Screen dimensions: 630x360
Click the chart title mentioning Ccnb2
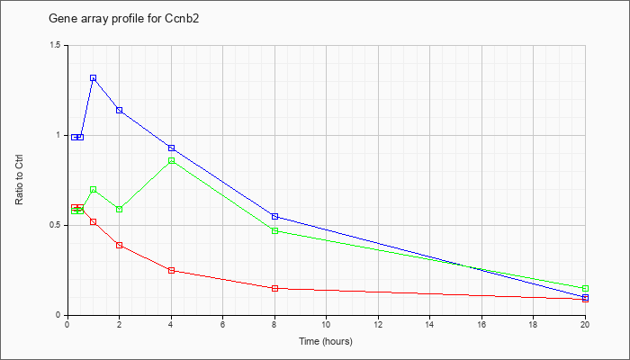coord(124,19)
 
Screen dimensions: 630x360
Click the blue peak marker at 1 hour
coord(94,78)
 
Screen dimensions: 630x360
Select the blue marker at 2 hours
coord(120,110)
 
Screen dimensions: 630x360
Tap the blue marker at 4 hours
coord(172,148)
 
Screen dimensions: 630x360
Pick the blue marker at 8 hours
coord(274,217)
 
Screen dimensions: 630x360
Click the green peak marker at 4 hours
coord(172,161)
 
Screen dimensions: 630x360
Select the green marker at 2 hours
coord(120,210)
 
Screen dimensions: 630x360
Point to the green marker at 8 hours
coord(274,231)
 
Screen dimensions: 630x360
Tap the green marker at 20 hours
coord(585,289)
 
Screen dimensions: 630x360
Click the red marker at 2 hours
coord(120,245)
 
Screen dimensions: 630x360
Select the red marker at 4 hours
coord(172,270)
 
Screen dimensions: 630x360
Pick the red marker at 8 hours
coord(274,289)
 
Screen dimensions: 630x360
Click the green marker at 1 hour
coord(94,190)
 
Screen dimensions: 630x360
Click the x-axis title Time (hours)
coord(326,341)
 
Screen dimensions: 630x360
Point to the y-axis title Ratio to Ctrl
coord(19,180)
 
